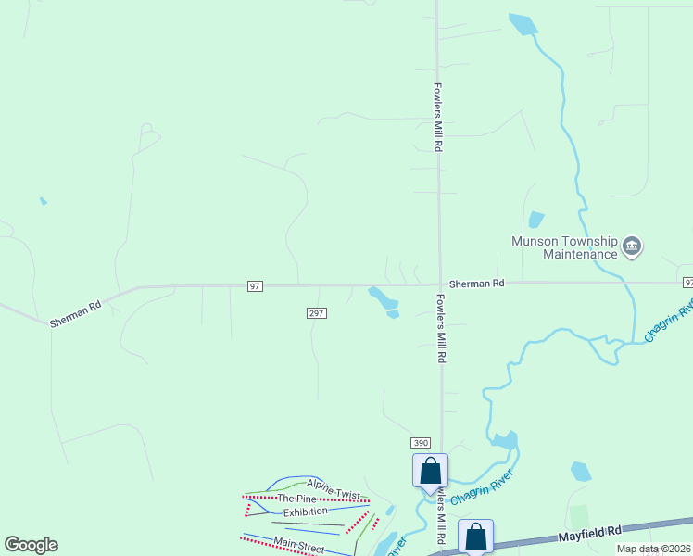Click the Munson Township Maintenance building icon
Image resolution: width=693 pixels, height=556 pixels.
[x=633, y=246]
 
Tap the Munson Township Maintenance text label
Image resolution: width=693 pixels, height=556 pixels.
[x=565, y=247]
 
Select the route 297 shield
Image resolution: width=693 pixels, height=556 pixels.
[x=316, y=313]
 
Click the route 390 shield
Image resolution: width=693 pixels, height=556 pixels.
[x=422, y=444]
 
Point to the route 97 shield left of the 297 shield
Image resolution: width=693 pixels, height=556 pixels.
[x=255, y=286]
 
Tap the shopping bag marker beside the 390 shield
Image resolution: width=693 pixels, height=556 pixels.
[x=430, y=471]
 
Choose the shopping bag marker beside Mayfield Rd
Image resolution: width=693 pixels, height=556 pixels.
[x=475, y=536]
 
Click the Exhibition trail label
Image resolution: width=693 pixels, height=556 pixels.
[x=305, y=512]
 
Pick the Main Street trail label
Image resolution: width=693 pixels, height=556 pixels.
[x=298, y=546]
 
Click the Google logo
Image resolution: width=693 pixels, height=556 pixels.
[x=31, y=545]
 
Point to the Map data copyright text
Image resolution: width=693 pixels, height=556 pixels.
[x=654, y=549]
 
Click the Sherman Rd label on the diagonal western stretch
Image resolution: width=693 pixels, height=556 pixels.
[x=76, y=311]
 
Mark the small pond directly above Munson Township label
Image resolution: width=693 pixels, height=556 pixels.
[x=535, y=220]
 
